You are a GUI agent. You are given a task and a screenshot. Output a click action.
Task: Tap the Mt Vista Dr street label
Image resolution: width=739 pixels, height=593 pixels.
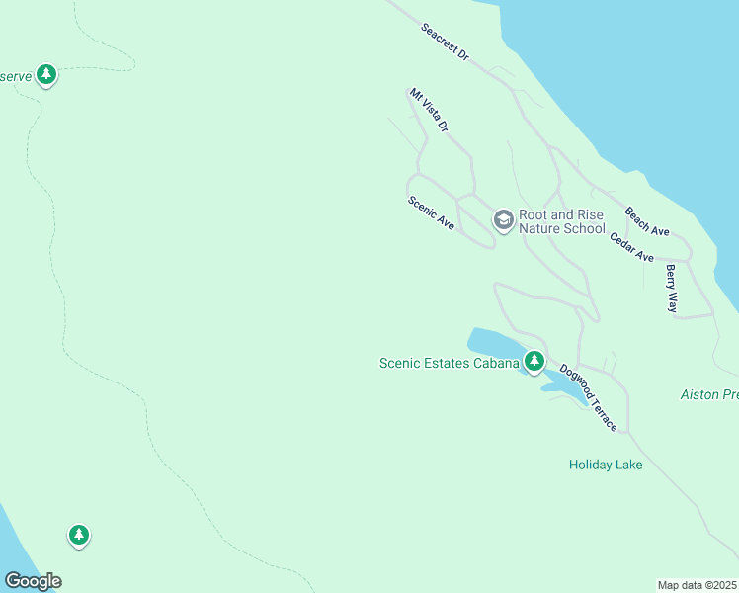[430, 111]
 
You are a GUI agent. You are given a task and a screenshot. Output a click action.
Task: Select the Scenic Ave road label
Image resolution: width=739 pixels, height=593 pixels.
[431, 213]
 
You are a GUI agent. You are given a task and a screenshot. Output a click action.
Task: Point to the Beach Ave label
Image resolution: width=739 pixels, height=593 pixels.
[647, 221]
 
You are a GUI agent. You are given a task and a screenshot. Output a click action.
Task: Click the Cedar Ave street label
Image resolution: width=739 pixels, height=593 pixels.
[632, 247]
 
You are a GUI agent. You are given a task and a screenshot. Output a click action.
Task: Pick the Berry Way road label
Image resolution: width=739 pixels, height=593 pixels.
[672, 289]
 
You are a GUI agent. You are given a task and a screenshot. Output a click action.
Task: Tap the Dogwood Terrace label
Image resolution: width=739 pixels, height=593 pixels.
[589, 398]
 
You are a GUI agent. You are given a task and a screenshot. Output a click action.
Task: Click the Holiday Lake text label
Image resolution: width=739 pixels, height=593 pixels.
[606, 465]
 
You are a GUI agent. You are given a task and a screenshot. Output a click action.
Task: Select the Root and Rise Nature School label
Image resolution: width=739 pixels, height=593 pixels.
[561, 221]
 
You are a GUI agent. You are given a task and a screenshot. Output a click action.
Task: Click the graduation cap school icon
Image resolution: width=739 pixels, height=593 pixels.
[503, 219]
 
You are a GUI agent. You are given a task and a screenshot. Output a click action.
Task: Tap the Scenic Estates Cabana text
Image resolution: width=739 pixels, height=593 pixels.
[450, 363]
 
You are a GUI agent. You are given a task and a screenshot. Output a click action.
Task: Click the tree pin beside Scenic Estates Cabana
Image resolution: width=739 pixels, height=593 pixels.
[534, 361]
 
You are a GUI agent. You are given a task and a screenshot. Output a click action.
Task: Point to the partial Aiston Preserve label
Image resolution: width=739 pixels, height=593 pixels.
[709, 394]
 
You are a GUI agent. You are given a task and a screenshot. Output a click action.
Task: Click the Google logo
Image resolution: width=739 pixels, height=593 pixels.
[33, 581]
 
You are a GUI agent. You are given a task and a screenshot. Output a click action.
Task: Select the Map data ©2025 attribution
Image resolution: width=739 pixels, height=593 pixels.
[697, 585]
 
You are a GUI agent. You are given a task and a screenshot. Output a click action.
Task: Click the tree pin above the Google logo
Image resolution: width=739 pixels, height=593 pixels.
[79, 535]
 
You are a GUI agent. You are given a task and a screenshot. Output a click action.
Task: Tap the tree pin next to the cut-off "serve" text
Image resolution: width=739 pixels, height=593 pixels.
[45, 74]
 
